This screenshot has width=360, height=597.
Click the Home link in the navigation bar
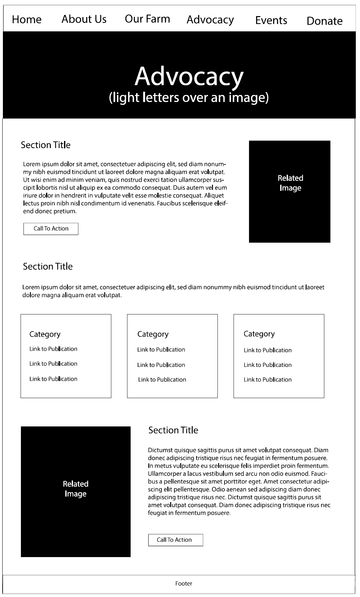pyautogui.click(x=27, y=20)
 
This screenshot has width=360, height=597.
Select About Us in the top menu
pyautogui.click(x=84, y=19)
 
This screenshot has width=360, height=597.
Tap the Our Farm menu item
pyautogui.click(x=147, y=19)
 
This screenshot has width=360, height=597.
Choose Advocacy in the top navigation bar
pyautogui.click(x=210, y=20)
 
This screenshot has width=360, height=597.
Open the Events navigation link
pyautogui.click(x=271, y=20)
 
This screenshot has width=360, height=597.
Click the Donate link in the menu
pyautogui.click(x=324, y=21)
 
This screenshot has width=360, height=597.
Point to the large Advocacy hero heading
pyautogui.click(x=189, y=76)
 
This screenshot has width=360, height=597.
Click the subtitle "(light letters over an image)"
pyautogui.click(x=189, y=97)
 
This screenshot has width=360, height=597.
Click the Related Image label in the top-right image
pyautogui.click(x=290, y=183)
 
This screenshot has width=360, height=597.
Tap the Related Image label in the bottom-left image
pyautogui.click(x=76, y=489)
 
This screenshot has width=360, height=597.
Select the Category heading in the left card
pyautogui.click(x=45, y=334)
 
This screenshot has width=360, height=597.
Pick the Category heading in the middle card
pyautogui.click(x=153, y=334)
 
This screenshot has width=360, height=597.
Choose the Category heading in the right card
pyautogui.click(x=259, y=334)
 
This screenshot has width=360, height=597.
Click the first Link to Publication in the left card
pyautogui.click(x=53, y=349)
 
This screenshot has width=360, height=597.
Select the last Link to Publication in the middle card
pyautogui.click(x=162, y=379)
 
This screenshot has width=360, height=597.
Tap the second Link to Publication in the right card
pyautogui.click(x=268, y=365)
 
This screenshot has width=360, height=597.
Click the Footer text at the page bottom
pyautogui.click(x=184, y=583)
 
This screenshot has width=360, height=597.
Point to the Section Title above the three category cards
pyautogui.click(x=48, y=266)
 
